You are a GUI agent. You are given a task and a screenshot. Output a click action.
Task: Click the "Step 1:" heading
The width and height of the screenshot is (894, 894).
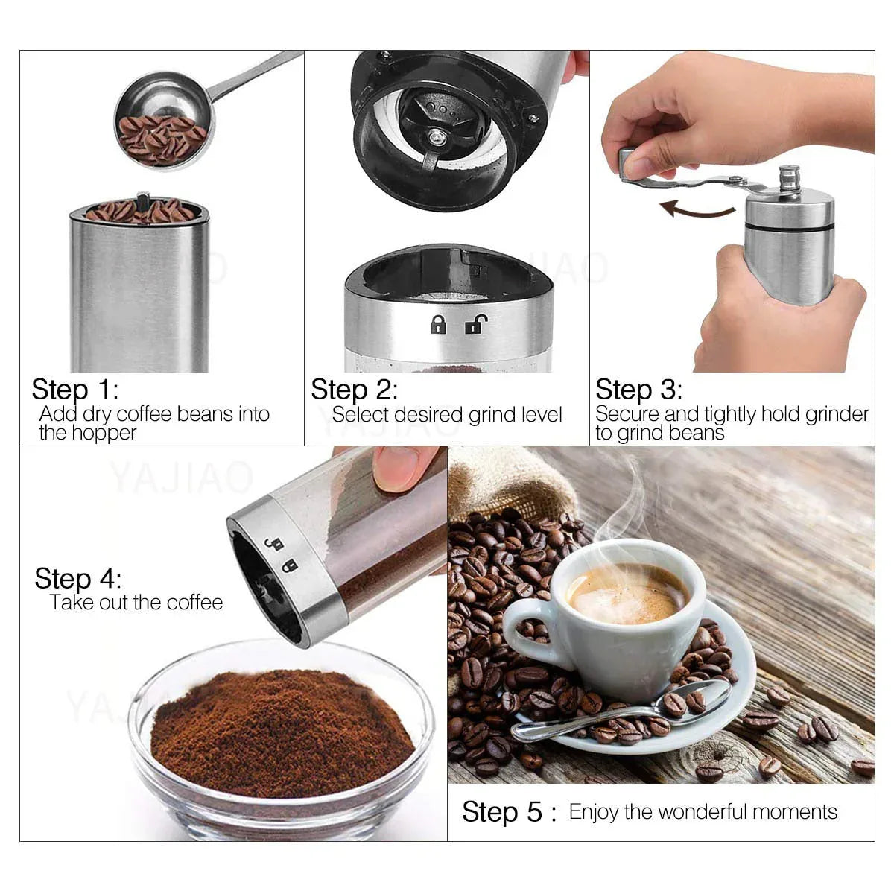pyautogui.click(x=74, y=390)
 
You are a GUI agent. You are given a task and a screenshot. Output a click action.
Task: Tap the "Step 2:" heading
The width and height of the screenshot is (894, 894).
pyautogui.click(x=354, y=390)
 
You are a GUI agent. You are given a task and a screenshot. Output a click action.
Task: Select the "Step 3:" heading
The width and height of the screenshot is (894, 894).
pyautogui.click(x=638, y=390)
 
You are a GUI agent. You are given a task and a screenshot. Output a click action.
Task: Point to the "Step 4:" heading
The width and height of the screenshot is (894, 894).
pyautogui.click(x=77, y=579)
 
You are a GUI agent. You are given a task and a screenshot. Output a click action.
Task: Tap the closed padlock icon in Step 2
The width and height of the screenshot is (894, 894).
pyautogui.click(x=438, y=325)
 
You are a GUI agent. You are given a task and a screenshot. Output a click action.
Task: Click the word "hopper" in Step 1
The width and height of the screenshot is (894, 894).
pyautogui.click(x=108, y=433)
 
